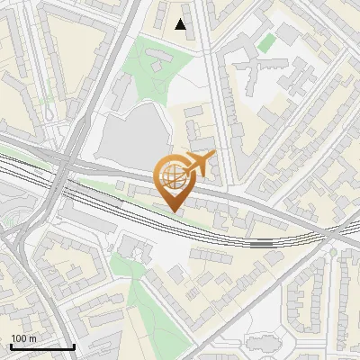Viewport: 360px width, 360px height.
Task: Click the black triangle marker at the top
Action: click(181, 24)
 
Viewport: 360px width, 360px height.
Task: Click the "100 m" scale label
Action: click(23, 337)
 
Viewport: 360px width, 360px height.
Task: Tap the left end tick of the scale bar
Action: click(11, 345)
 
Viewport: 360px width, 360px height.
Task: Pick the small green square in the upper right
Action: click(265, 42)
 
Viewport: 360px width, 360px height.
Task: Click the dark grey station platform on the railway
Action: click(262, 242)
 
